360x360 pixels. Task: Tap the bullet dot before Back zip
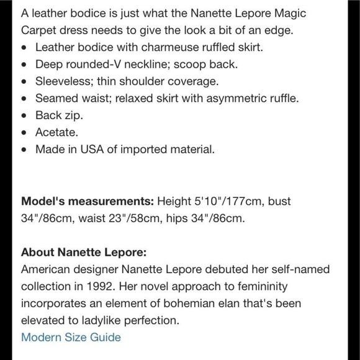24,116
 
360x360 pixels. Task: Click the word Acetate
56,132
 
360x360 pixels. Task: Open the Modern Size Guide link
71,338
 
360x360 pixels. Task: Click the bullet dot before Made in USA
24,150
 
